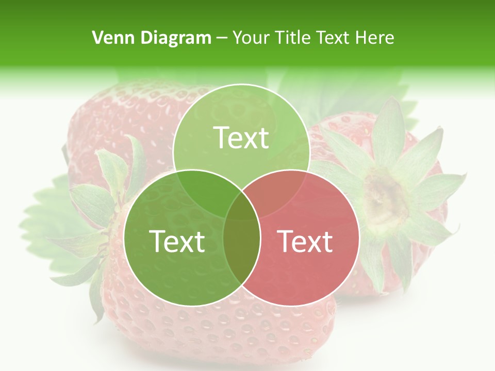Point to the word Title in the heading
click(x=293, y=38)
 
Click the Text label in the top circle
click(x=241, y=138)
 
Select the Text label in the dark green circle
click(x=177, y=241)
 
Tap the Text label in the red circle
click(x=305, y=241)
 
